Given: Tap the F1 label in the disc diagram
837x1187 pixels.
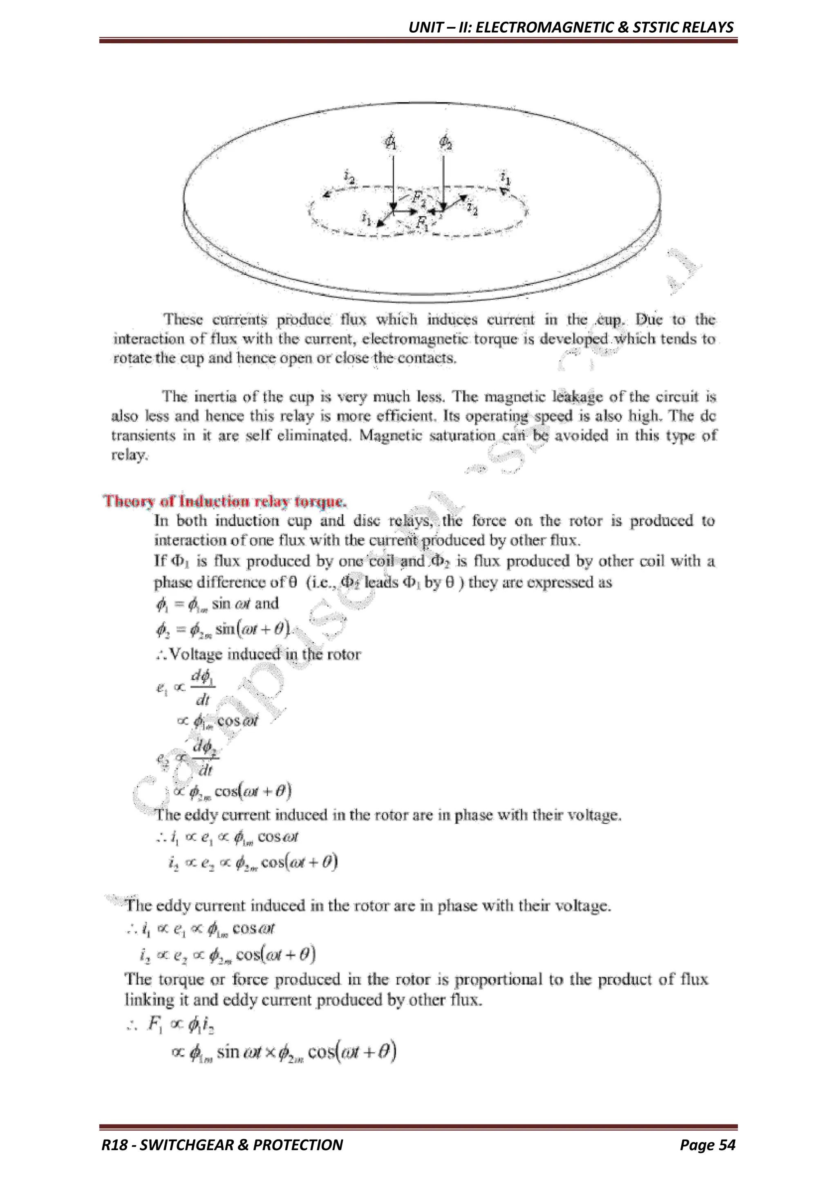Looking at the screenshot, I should (x=423, y=223).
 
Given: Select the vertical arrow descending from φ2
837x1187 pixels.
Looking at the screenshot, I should (x=443, y=181).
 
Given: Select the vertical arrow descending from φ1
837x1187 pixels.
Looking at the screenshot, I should (x=394, y=181).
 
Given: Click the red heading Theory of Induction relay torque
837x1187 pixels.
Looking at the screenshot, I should (x=225, y=501).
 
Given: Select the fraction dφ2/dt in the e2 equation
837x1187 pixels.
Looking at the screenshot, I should (x=205, y=758).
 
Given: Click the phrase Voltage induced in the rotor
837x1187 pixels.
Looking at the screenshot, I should (x=264, y=654).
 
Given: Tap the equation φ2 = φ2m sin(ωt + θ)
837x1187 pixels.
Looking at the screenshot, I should (x=223, y=629).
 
